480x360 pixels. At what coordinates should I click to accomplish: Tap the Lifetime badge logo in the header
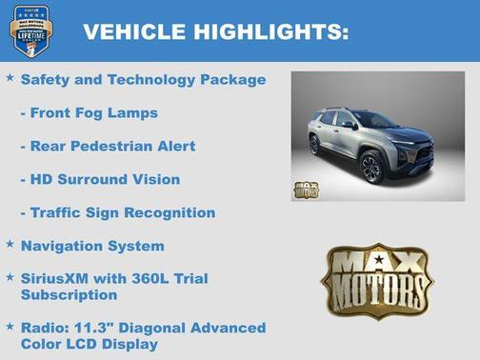(30, 31)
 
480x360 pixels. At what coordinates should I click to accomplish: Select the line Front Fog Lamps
(89, 112)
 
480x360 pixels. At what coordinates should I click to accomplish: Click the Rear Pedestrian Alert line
(108, 146)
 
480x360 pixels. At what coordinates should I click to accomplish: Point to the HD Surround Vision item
(100, 179)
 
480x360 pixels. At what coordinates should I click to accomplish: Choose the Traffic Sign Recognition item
(117, 212)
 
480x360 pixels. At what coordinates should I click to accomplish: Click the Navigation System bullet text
(92, 246)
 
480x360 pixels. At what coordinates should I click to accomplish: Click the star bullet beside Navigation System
(10, 244)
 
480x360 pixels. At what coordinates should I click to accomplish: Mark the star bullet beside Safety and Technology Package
(10, 78)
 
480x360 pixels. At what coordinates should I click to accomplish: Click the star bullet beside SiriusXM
(10, 277)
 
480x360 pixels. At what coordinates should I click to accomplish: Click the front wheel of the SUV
(372, 168)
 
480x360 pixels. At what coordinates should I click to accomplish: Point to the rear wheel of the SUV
(314, 145)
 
